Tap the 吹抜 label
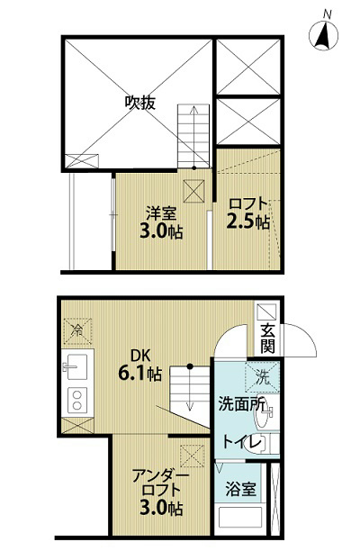[x=140, y=103]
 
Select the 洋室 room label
[x=161, y=213]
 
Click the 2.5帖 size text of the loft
[x=248, y=221]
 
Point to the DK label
[x=140, y=356]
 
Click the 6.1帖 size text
[x=139, y=374]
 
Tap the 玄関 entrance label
[x=267, y=339]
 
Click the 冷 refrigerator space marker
[x=76, y=330]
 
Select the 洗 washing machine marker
[x=263, y=377]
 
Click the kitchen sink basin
[x=75, y=367]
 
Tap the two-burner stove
[x=77, y=400]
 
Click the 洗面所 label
[x=241, y=404]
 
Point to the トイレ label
[x=243, y=442]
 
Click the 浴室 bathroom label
[x=240, y=489]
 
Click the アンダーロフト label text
[x=161, y=483]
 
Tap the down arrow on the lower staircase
[x=190, y=388]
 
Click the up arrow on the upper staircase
[x=193, y=138]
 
